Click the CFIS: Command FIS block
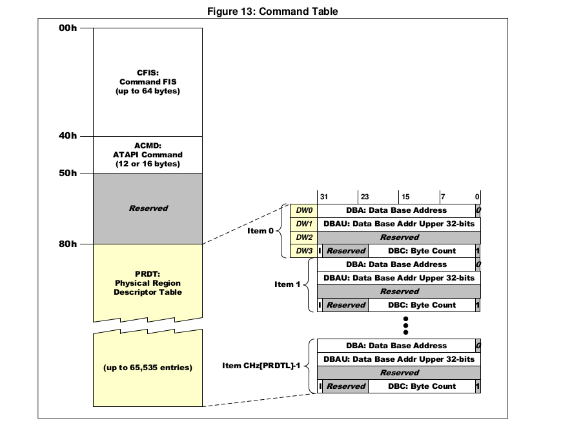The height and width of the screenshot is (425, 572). pyautogui.click(x=148, y=82)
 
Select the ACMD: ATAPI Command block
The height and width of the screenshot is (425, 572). pyautogui.click(x=148, y=155)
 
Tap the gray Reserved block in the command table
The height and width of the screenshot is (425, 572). pyautogui.click(x=148, y=208)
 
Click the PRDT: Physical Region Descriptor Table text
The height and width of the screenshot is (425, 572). pyautogui.click(x=148, y=283)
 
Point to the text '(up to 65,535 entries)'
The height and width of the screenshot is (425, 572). pyautogui.click(x=148, y=368)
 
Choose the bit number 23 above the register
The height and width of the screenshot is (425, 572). pyautogui.click(x=365, y=196)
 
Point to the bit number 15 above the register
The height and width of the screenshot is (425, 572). pyautogui.click(x=405, y=196)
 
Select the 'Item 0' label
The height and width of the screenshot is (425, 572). pyautogui.click(x=261, y=231)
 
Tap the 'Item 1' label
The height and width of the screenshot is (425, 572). pyautogui.click(x=287, y=284)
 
